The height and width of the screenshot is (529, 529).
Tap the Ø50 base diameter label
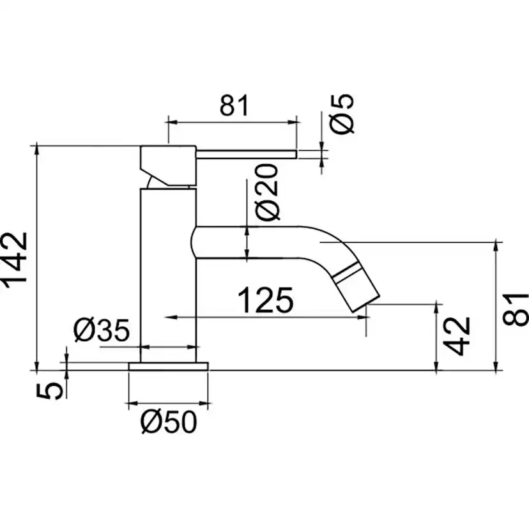[169, 422]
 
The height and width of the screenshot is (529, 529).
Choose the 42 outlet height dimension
[459, 335]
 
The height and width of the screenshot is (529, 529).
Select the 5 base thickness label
[56, 388]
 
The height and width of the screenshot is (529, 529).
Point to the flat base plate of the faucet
[169, 366]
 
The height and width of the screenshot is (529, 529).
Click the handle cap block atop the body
[167, 163]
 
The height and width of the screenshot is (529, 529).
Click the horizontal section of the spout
[256, 242]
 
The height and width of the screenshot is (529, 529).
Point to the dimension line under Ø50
[169, 404]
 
